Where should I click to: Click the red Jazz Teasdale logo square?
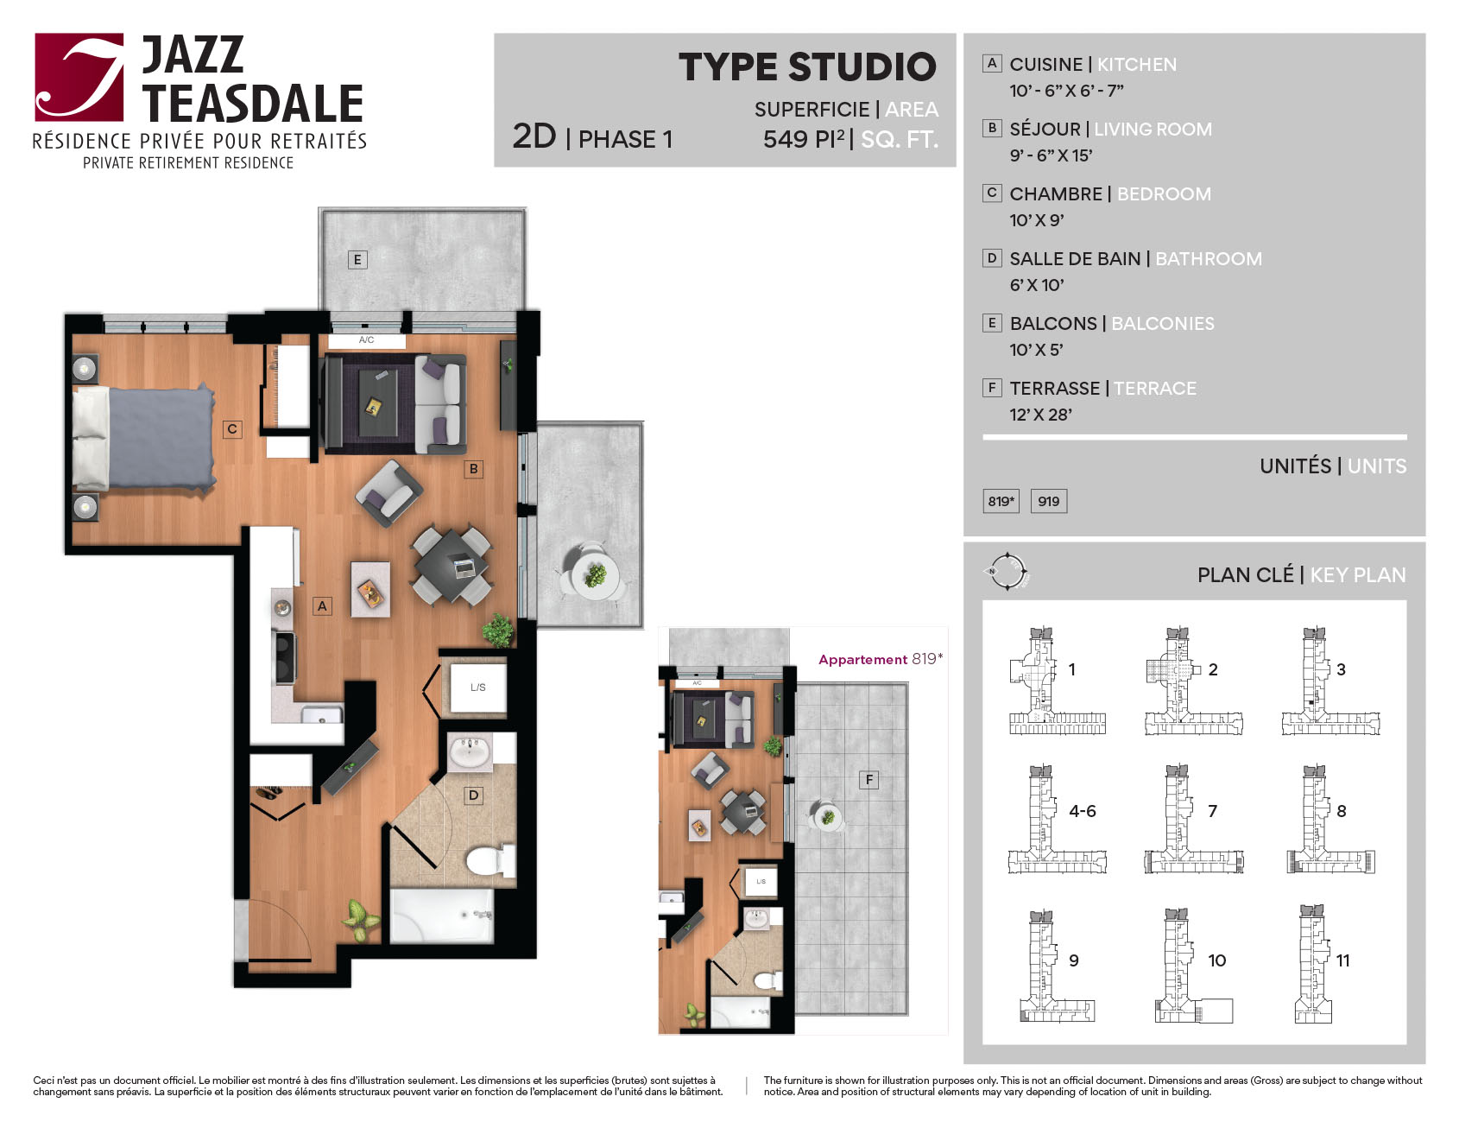tap(79, 77)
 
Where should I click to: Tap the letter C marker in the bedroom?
tap(232, 428)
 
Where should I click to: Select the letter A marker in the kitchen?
tap(322, 605)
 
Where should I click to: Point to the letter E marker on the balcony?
tap(357, 259)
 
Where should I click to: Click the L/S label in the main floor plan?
tap(478, 688)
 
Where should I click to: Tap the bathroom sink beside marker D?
tap(470, 752)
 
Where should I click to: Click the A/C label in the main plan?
tap(367, 340)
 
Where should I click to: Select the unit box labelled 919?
tap(1049, 501)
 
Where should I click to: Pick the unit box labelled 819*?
tap(1001, 501)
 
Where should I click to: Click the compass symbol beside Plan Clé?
tap(1007, 571)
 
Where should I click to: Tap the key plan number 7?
tap(1212, 811)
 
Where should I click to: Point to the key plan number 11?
tap(1342, 960)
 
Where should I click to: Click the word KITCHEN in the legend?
tap(1136, 65)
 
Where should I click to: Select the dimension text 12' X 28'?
tap(1040, 415)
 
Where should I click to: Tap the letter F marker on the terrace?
tap(869, 780)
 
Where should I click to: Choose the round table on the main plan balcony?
tap(596, 574)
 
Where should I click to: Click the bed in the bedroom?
tap(144, 438)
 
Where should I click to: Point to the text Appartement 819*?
tap(881, 659)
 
